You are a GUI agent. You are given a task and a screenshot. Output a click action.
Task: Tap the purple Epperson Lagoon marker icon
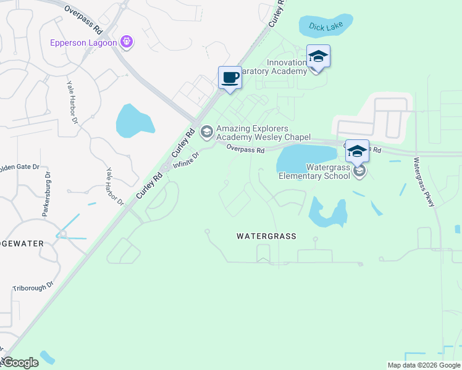(x=127, y=42)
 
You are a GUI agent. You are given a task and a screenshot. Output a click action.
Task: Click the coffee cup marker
(x=230, y=78)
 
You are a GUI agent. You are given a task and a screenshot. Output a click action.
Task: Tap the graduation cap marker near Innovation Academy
(x=318, y=57)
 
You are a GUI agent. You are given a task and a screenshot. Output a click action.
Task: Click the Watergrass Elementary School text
(x=314, y=171)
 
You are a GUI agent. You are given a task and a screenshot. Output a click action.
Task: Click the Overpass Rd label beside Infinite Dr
(x=245, y=149)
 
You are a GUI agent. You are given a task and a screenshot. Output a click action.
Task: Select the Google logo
(x=20, y=363)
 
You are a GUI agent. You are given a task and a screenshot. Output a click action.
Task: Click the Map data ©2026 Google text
(x=423, y=365)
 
